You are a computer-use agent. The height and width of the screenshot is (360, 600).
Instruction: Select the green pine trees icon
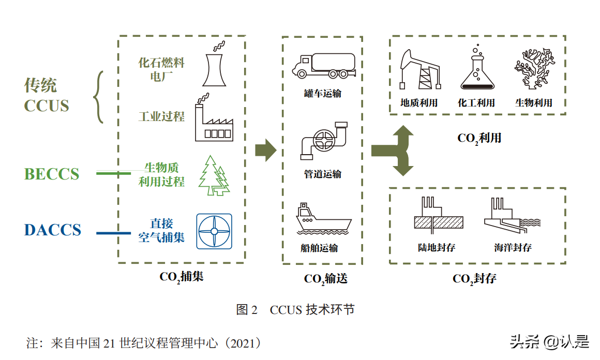click(215, 176)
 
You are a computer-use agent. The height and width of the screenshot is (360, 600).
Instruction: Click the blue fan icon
click(214, 231)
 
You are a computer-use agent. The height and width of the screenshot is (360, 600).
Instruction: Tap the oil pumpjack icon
click(419, 70)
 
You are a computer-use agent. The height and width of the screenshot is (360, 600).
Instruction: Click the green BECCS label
click(52, 174)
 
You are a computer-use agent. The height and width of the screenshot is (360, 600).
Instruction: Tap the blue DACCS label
click(53, 230)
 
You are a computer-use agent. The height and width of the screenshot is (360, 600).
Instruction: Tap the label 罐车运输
click(323, 94)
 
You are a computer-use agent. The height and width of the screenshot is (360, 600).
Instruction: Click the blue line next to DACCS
click(114, 233)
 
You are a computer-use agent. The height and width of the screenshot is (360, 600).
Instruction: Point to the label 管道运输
click(323, 174)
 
